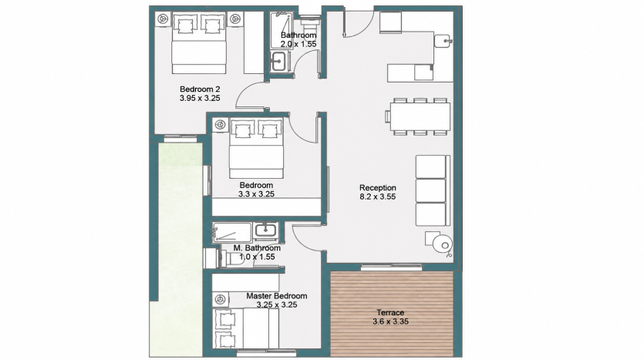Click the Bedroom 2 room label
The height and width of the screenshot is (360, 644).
coord(200,89)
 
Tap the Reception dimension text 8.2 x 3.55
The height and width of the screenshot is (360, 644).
coord(377,197)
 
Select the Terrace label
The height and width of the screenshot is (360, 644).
coord(390,313)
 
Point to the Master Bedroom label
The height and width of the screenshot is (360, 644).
coord(276,296)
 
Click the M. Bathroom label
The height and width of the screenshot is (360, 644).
coord(257,248)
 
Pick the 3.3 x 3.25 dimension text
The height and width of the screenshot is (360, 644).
coord(256,194)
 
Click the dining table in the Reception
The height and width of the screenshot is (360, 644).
coord(420,116)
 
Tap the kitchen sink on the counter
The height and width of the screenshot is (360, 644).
coord(443,41)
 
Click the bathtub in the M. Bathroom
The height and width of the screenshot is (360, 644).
coord(231,233)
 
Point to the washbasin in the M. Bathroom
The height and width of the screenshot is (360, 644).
coord(266,230)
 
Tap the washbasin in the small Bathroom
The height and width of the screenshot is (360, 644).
coord(279,62)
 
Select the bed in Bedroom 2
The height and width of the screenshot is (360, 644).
coord(199,42)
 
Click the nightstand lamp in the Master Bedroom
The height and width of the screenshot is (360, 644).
coord(221,300)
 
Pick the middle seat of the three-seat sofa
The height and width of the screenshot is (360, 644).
coord(431,190)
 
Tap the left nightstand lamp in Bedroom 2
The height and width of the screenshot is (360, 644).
coord(163,19)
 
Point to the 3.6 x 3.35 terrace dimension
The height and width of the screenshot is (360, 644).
coord(390,321)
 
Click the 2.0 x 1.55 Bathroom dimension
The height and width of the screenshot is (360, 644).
coord(298,44)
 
